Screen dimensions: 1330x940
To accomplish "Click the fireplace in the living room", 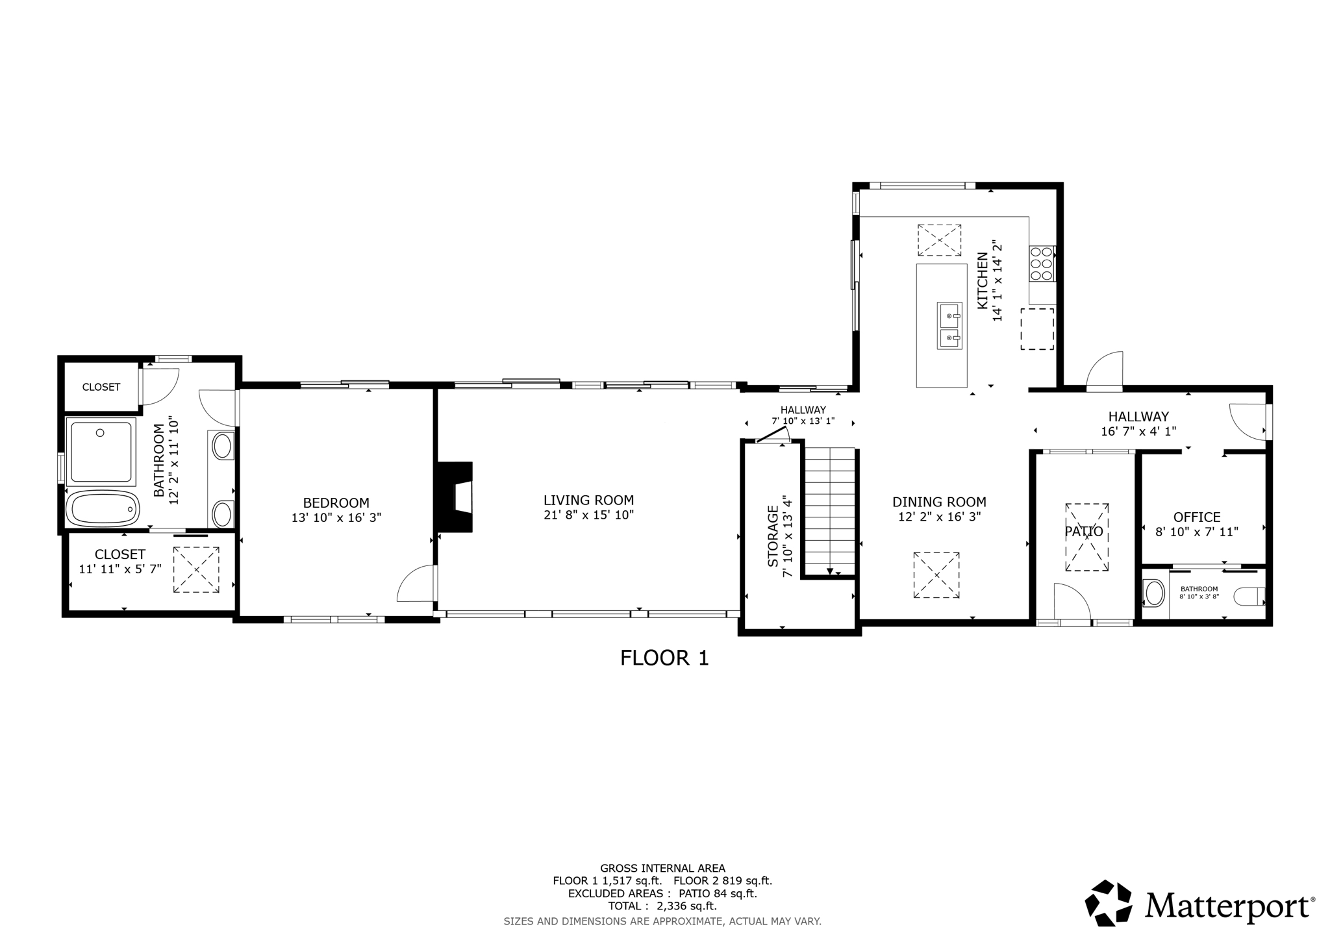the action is tap(455, 497).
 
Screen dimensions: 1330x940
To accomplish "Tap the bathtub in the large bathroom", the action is tap(103, 508).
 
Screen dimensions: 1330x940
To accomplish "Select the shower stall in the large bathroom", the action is tap(101, 452).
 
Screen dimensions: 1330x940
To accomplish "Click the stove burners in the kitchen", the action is tap(1042, 264).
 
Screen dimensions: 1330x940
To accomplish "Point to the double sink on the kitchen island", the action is tap(949, 325).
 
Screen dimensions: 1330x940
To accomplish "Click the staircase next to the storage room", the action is tap(830, 511).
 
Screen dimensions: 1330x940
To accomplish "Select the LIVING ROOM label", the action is tap(588, 500).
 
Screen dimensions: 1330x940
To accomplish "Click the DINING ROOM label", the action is tap(939, 502).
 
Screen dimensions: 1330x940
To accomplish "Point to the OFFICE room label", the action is tap(1197, 517).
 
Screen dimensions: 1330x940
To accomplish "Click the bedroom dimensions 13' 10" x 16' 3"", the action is tap(336, 517).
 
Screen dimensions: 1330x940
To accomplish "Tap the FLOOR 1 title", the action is tap(664, 658).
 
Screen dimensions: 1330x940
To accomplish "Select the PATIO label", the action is tap(1084, 532).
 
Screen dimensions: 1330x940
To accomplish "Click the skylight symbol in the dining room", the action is tap(936, 575).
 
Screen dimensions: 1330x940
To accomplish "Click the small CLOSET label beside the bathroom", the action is tap(101, 387).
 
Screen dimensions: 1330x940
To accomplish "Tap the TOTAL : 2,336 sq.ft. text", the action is tap(662, 906).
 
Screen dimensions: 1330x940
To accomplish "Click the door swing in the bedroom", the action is tap(416, 583).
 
